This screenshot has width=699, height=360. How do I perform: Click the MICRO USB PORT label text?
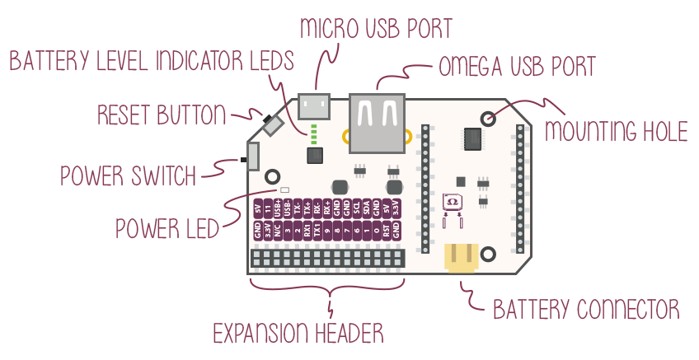[376, 27]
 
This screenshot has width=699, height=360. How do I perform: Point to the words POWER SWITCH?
[129, 175]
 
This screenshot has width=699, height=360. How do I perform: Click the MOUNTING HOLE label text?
[617, 130]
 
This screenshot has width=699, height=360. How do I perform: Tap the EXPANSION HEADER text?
[298, 334]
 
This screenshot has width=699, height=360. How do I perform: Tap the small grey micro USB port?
[313, 105]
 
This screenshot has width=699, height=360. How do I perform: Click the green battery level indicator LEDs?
[314, 133]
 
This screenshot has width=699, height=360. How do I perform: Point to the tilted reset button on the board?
[270, 125]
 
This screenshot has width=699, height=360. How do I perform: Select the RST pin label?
[387, 231]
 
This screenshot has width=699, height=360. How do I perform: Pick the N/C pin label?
[278, 231]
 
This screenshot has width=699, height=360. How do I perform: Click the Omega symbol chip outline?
[452, 202]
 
